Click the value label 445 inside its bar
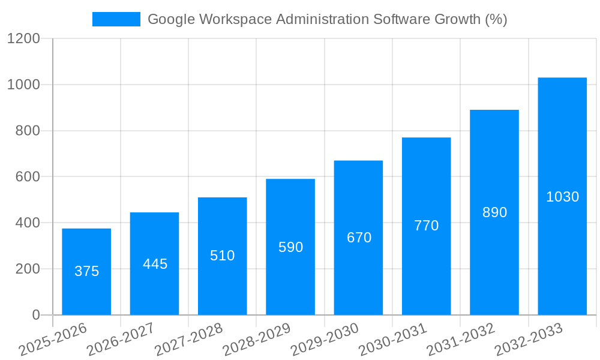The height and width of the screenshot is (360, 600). pyautogui.click(x=155, y=264)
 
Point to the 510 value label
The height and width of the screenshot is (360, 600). pyautogui.click(x=223, y=256)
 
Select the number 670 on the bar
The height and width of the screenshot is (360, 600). pyautogui.click(x=359, y=238)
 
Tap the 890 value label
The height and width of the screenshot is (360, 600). pyautogui.click(x=494, y=212)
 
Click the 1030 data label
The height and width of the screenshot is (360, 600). pyautogui.click(x=562, y=197)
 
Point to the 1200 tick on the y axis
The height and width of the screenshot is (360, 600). pyautogui.click(x=23, y=39)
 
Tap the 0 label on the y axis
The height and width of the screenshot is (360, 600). pyautogui.click(x=35, y=315)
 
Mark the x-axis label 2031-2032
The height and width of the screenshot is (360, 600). pyautogui.click(x=461, y=339)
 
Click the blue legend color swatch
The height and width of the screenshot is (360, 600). pyautogui.click(x=116, y=19)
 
